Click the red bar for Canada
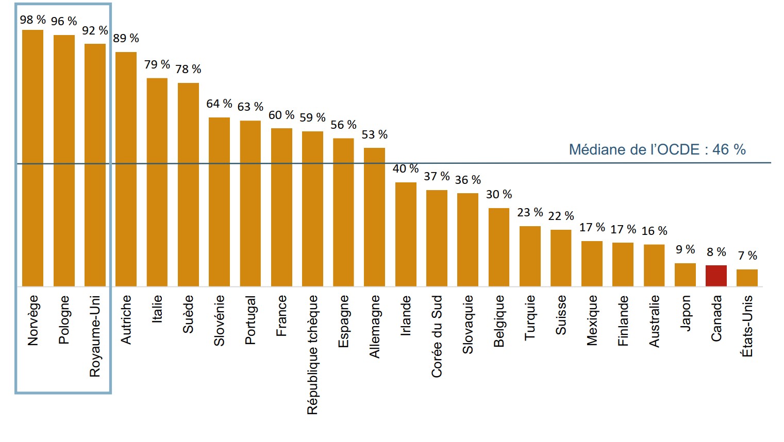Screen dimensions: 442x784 tap(716, 276)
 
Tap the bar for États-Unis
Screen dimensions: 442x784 tap(747, 278)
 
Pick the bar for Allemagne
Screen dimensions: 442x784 tap(374, 217)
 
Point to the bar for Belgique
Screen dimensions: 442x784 tap(499, 247)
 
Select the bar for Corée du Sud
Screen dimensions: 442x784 tap(437, 238)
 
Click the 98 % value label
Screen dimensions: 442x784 tap(33, 20)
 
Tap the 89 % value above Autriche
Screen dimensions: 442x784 tap(126, 38)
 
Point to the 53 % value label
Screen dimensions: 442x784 tap(374, 134)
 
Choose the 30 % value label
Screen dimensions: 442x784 tap(499, 194)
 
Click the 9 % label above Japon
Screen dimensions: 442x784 tap(685, 249)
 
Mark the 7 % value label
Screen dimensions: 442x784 tap(747, 256)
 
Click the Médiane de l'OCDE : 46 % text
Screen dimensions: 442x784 tap(657, 149)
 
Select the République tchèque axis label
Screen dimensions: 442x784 tap(312, 354)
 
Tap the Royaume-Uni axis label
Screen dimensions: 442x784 tap(95, 336)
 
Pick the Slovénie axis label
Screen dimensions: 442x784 tap(219, 320)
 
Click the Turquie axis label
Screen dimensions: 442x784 tap(530, 317)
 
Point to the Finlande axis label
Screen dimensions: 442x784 tap(623, 320)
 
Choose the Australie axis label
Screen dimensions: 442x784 tap(654, 321)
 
